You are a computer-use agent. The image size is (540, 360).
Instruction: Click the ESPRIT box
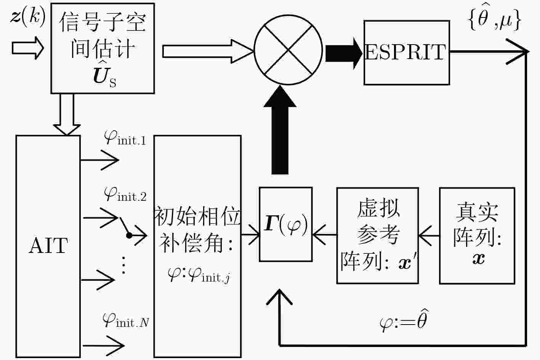pos(407,53)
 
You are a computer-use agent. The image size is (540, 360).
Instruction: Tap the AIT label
pos(48,246)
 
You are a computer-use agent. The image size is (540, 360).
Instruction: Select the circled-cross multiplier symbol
pos(288,50)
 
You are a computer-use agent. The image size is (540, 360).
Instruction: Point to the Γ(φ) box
pos(286,224)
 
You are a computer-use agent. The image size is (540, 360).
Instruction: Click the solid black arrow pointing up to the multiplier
pos(280,130)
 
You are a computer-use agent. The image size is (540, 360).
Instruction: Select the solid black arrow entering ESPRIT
pos(344,53)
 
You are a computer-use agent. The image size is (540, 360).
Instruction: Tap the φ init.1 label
pos(125,138)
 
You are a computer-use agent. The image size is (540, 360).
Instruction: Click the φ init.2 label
pos(125,194)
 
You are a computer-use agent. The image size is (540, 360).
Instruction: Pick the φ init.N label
pos(126,320)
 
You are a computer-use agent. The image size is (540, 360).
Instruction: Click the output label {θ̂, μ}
pos(495,18)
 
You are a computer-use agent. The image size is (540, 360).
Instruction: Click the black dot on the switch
pos(129,235)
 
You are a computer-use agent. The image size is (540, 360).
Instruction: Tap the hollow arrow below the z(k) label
pos(28,48)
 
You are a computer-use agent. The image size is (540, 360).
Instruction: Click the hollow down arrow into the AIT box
pos(67,115)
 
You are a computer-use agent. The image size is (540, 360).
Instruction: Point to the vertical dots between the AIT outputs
pos(123,265)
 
